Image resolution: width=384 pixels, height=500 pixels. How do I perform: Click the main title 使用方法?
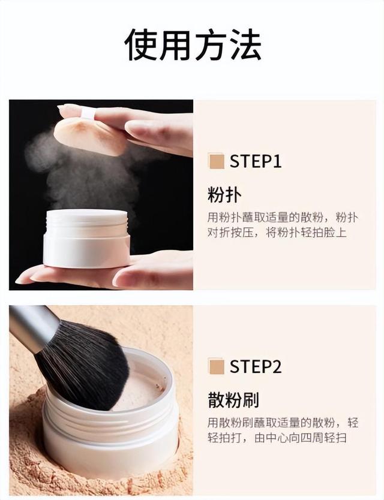[x=193, y=44]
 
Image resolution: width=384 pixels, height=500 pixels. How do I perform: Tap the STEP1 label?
[x=256, y=161]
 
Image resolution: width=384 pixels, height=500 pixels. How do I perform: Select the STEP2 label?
[x=256, y=366]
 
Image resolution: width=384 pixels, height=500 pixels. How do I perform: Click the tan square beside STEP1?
[x=217, y=161]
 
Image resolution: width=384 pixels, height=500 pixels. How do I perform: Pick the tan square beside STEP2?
[x=217, y=366]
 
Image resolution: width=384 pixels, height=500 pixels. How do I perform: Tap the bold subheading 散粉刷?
[x=233, y=399]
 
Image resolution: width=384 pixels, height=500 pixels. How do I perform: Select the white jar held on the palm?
[x=86, y=238]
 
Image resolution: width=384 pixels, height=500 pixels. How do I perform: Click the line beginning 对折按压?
[x=277, y=233]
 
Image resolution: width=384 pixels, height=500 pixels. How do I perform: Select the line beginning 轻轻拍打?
[x=277, y=438]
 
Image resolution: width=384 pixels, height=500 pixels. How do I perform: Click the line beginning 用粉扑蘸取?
[x=283, y=218]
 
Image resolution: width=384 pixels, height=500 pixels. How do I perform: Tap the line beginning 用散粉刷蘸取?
[x=283, y=423]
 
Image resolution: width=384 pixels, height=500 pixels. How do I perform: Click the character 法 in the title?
[x=246, y=44]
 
